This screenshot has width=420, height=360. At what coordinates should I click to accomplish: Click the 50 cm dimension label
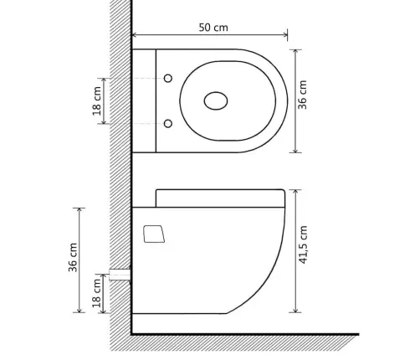[213, 28]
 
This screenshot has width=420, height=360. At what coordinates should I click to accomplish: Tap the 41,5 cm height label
[303, 244]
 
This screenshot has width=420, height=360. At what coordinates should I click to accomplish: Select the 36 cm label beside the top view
[302, 95]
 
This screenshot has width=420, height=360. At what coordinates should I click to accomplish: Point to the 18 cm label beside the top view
[97, 101]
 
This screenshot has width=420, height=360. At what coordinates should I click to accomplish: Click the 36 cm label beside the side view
[73, 257]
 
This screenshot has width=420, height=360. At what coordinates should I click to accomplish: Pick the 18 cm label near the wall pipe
[96, 293]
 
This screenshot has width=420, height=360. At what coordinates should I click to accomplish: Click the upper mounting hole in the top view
[168, 79]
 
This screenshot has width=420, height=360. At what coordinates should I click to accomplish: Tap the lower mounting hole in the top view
[168, 123]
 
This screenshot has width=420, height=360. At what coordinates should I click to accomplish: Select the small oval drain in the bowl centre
[216, 100]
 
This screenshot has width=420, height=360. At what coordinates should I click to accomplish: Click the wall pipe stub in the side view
[120, 275]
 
